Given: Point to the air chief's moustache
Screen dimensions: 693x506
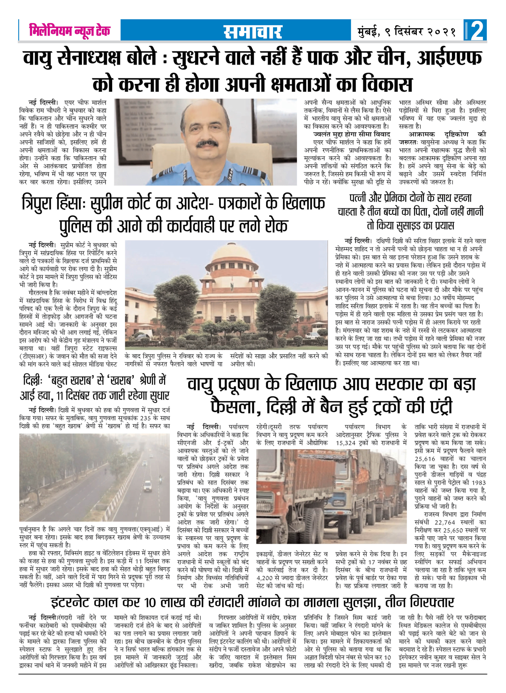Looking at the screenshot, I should tap(207, 143).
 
